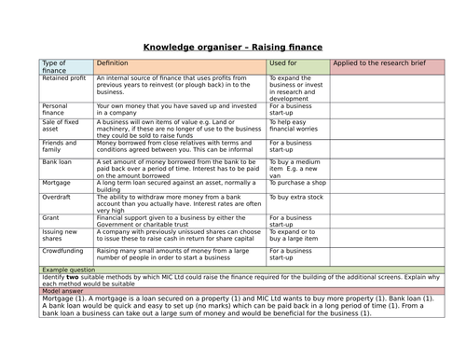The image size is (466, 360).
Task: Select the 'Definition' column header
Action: (x=115, y=62)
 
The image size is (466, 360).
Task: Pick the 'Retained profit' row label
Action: (x=64, y=77)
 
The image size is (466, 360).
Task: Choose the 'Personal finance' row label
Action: (x=55, y=110)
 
